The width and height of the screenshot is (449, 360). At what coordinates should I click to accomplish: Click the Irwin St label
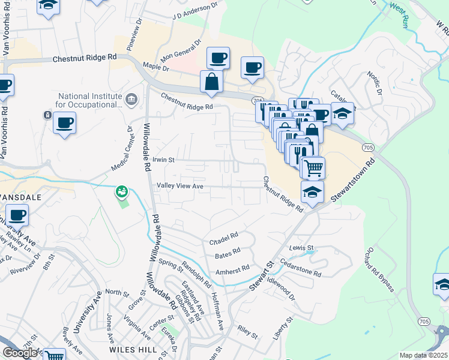coord(163,160)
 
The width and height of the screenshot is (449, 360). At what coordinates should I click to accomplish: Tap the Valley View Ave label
coord(180,186)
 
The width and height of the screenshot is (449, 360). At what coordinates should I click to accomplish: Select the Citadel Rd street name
coord(223,237)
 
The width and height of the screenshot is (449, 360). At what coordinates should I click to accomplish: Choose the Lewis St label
coord(301,248)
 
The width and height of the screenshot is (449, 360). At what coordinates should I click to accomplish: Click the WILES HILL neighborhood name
coord(133,349)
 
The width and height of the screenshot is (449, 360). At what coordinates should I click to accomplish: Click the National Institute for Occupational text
coord(90,100)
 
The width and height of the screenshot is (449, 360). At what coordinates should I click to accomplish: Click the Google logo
coord(20,353)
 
